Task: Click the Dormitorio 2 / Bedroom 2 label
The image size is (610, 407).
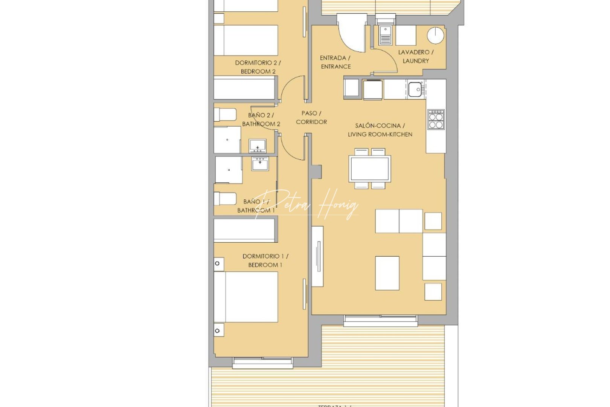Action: click(258, 67)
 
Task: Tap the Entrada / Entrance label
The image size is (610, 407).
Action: click(335, 62)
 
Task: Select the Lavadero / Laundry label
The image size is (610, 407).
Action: click(416, 57)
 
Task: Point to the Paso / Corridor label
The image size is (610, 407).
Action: click(311, 118)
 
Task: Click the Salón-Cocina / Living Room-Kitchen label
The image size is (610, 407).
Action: click(380, 130)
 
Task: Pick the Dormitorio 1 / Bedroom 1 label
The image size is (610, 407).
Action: click(265, 260)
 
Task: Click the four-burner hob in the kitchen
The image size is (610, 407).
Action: click(436, 120)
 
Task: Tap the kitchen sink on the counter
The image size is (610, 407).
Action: click(415, 89)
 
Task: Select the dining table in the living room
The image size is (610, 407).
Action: click(369, 168)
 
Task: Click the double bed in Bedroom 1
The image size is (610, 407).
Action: click(246, 297)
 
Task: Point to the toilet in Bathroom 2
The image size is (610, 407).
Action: click(225, 115)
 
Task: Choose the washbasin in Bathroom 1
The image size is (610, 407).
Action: click(260, 164)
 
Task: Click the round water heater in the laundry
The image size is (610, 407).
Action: click(436, 36)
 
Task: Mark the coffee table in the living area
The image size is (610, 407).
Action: click(387, 273)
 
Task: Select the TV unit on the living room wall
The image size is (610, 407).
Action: click(318, 256)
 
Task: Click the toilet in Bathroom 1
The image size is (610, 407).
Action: click(225, 199)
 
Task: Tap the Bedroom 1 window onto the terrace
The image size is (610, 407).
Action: click(262, 363)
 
